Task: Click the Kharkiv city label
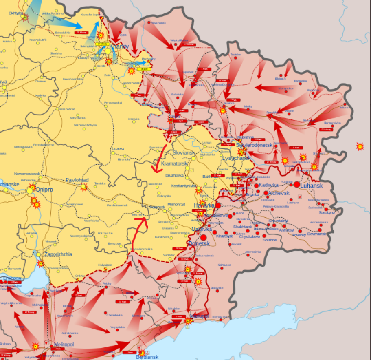pyautogui.click(x=119, y=46)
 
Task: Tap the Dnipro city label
pyautogui.click(x=45, y=190)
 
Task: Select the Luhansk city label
pyautogui.click(x=312, y=186)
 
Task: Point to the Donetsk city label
pyautogui.click(x=199, y=243)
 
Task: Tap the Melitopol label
pyautogui.click(x=64, y=345)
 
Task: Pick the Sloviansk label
pyautogui.click(x=184, y=152)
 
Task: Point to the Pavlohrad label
pyautogui.click(x=77, y=180)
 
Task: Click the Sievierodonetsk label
pyautogui.click(x=254, y=145)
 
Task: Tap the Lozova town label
pyautogui.click(x=118, y=149)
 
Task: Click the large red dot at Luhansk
pyautogui.click(x=296, y=185)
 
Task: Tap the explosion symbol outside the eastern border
pyautogui.click(x=360, y=146)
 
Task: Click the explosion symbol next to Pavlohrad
pyautogui.click(x=84, y=187)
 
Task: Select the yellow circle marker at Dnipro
pyautogui.click(x=30, y=190)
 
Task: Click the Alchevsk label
pyautogui.click(x=279, y=193)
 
